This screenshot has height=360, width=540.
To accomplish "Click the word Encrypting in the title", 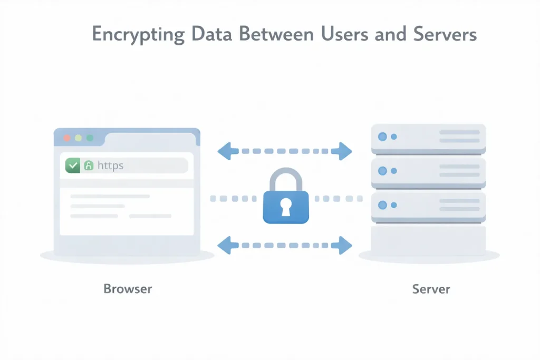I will pyautogui.click(x=138, y=35).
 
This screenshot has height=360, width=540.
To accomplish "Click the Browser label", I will pyautogui.click(x=128, y=289).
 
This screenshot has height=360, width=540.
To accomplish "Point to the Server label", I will pyautogui.click(x=431, y=289).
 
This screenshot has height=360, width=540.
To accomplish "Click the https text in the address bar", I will pyautogui.click(x=110, y=166).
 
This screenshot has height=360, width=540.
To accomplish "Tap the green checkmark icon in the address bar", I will pyautogui.click(x=72, y=166).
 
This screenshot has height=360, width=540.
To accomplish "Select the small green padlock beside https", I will pyautogui.click(x=89, y=166).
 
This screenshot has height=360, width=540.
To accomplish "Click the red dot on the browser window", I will pyautogui.click(x=66, y=138).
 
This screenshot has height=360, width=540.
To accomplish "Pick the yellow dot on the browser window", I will pyautogui.click(x=78, y=138).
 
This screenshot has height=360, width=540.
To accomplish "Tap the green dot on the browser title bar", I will pyautogui.click(x=90, y=138).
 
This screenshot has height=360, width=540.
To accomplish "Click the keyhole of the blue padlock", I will pyautogui.click(x=285, y=207).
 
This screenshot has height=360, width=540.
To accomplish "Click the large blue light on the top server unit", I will pyautogui.click(x=382, y=137).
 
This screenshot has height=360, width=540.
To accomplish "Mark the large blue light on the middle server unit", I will pyautogui.click(x=382, y=171).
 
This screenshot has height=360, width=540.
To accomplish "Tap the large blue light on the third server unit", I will pyautogui.click(x=382, y=205).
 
